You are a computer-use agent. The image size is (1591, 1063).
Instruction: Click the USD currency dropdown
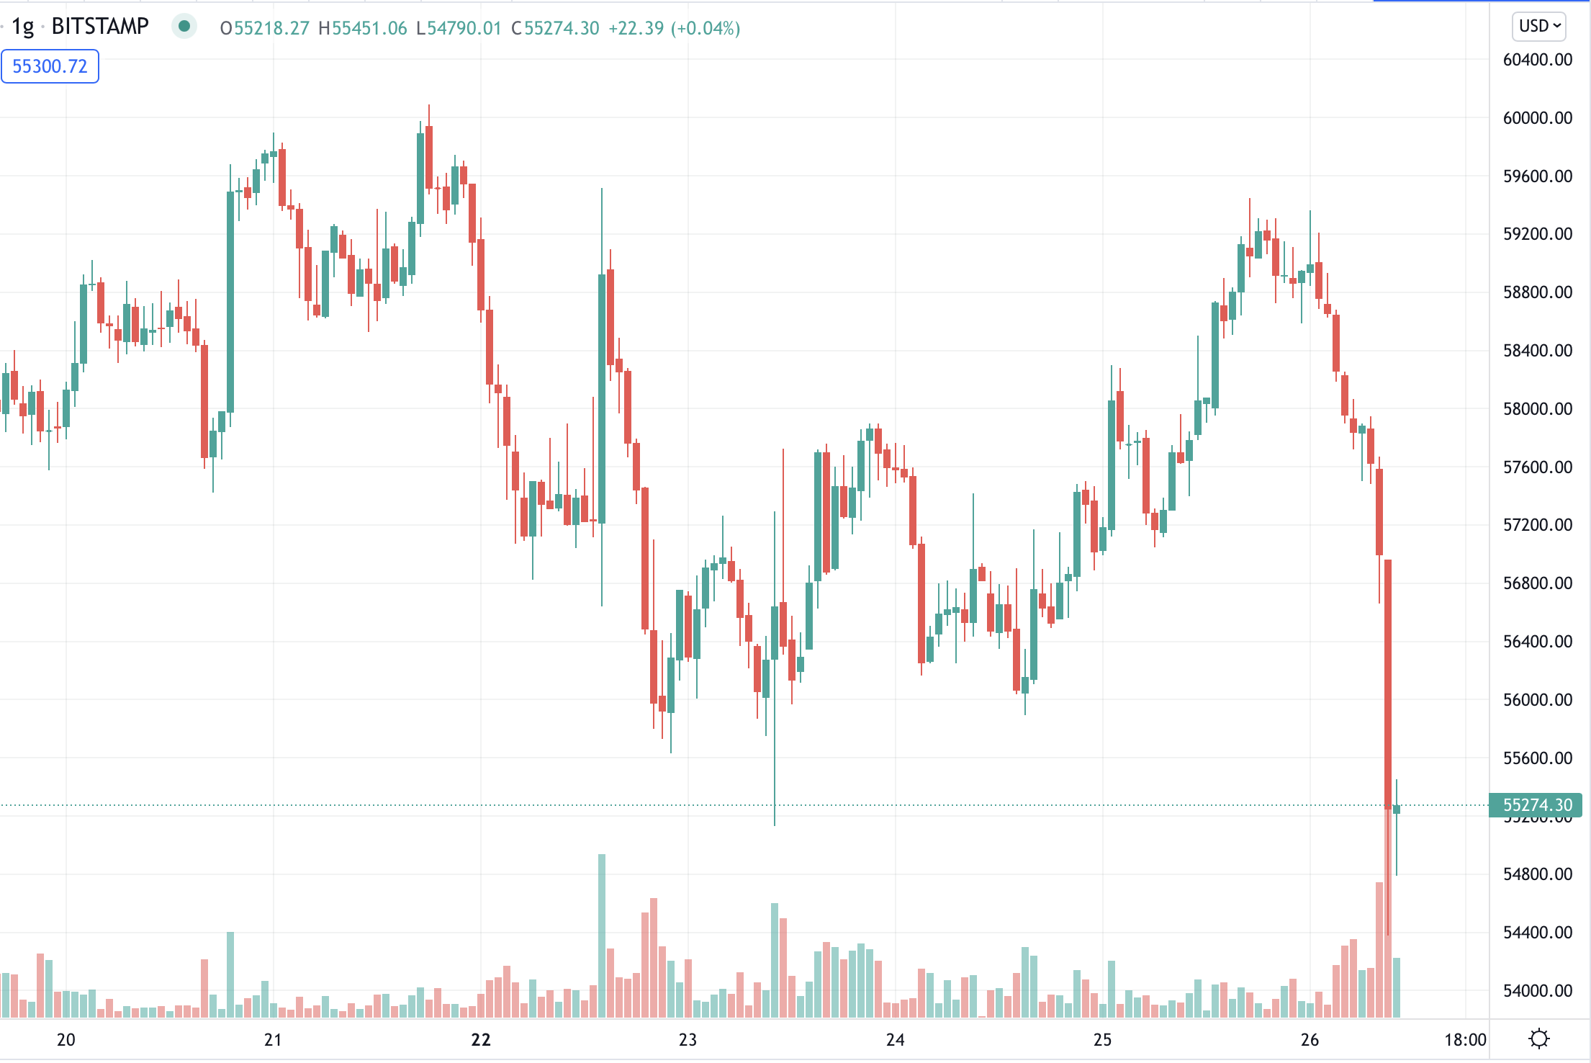pos(1538,27)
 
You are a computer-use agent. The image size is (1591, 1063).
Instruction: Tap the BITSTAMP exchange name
pos(100,27)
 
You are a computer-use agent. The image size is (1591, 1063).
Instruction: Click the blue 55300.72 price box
pos(50,66)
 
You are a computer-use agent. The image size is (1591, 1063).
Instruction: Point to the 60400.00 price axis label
pos(1537,60)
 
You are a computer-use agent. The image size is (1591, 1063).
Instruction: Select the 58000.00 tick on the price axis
pos(1537,409)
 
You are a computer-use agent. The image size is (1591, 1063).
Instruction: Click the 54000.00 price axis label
pos(1537,991)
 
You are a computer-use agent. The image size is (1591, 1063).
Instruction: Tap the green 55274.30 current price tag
pos(1536,805)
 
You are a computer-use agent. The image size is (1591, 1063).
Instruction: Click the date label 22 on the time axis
pos(481,1040)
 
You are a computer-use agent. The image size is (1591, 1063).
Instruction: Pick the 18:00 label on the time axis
pos(1465,1040)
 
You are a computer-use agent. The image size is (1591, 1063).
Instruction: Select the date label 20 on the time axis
pos(66,1040)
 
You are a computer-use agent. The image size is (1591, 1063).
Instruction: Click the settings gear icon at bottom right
pos(1539,1039)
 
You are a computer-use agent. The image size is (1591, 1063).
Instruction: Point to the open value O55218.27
pos(264,28)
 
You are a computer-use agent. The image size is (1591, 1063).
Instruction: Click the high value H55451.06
pos(363,28)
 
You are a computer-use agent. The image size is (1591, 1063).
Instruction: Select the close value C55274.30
pos(555,28)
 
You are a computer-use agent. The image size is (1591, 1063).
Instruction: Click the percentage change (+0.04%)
pos(706,28)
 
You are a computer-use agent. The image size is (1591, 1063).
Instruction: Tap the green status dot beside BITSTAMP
pos(184,27)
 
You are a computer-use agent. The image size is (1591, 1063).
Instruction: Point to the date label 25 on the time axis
pos(1103,1040)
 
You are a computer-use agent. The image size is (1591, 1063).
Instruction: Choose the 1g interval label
pos(23,27)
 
